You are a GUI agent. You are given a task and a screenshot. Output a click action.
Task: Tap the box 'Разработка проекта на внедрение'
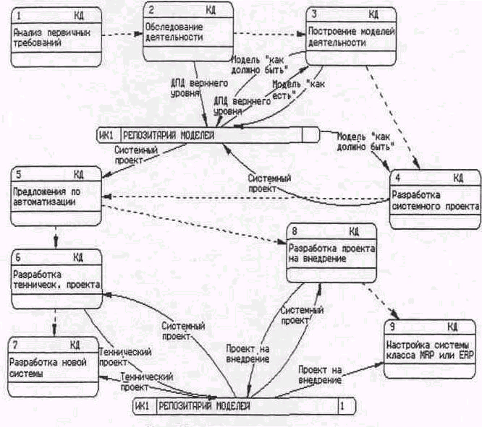tap(332, 253)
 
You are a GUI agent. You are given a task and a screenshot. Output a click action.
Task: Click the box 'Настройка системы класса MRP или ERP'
tap(431, 350)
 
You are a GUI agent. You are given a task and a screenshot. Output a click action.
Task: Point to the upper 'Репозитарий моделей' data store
tap(211, 134)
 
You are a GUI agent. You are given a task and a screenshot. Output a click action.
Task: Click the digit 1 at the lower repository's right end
tap(342, 407)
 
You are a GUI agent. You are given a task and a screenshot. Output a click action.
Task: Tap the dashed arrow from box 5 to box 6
tap(56, 236)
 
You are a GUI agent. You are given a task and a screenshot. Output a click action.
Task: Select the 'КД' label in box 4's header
tap(457, 178)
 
